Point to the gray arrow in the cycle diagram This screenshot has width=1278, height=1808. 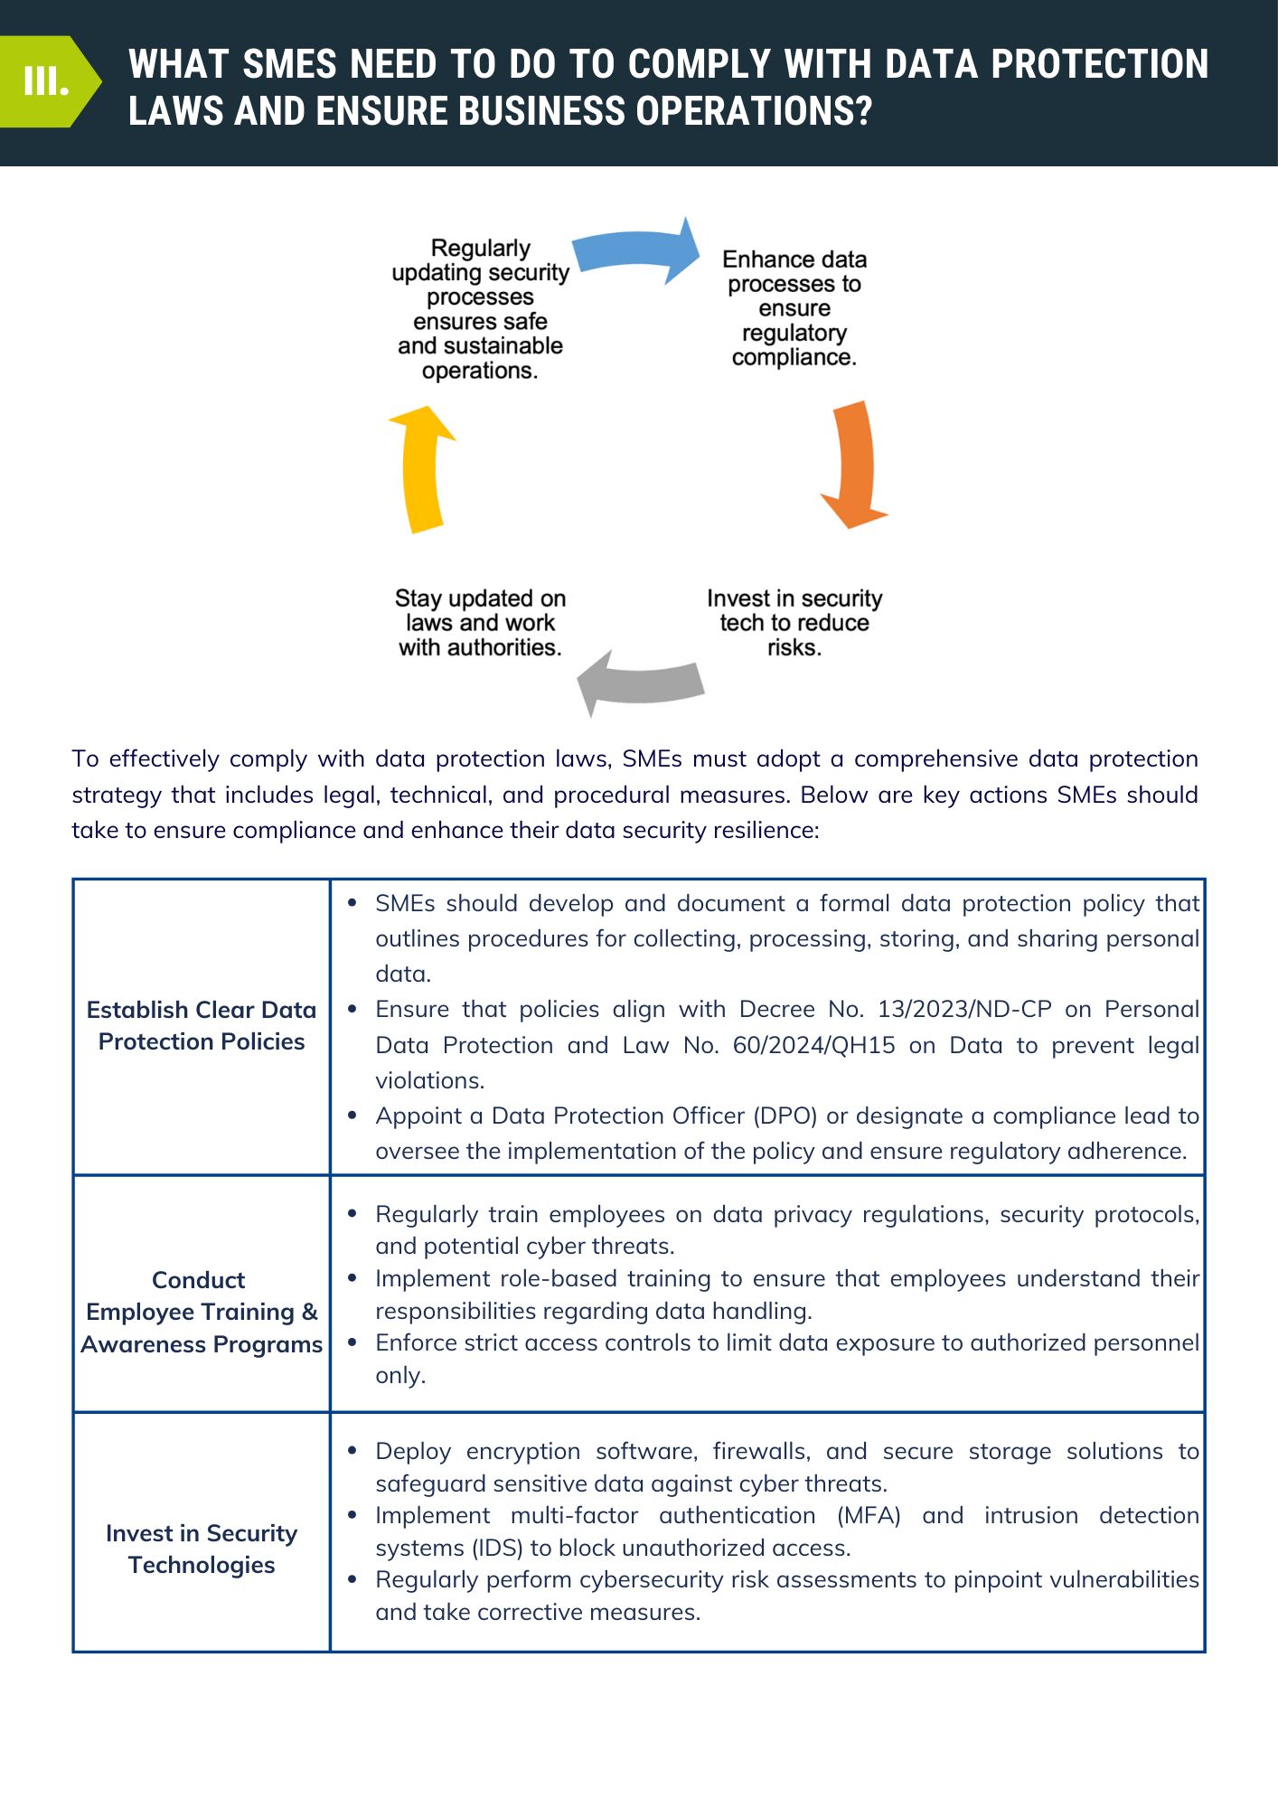coord(640,683)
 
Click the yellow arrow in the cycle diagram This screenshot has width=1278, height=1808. coord(421,469)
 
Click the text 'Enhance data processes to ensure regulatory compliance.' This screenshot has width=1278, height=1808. coord(794,308)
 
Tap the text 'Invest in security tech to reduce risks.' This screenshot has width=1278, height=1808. coord(794,623)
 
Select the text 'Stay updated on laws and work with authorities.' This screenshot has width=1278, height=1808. coord(480,623)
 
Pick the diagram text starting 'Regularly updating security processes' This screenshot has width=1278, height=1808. coord(480,309)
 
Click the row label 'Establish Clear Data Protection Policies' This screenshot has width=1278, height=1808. coord(202,1025)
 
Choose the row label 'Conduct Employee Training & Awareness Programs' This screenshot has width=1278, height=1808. coord(202,1312)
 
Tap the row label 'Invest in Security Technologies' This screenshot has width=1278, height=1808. coord(202,1549)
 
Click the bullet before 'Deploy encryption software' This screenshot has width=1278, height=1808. coord(352,1450)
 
